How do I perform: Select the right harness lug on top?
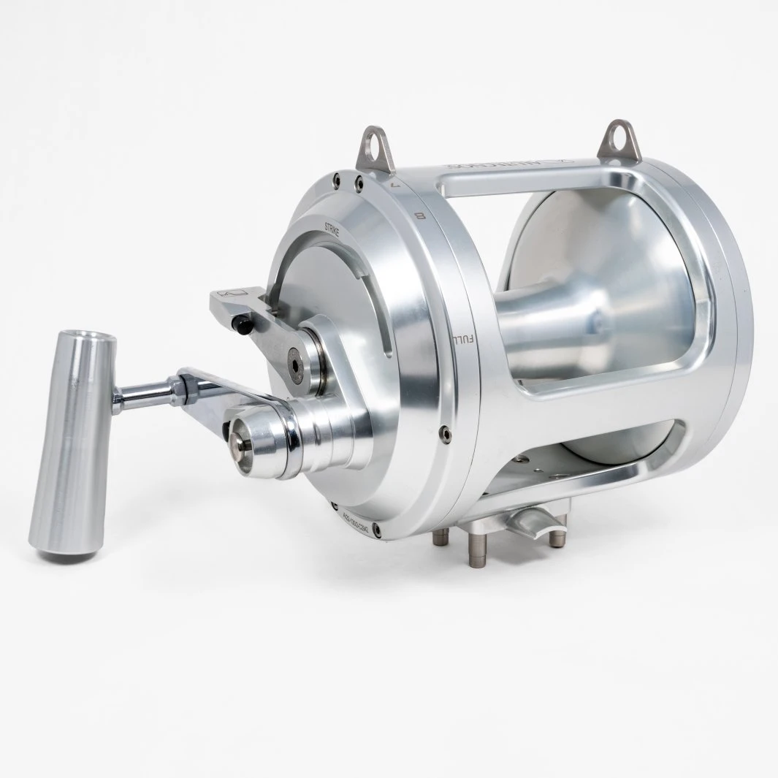(611, 141)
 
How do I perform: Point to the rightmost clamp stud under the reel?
(558, 537)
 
